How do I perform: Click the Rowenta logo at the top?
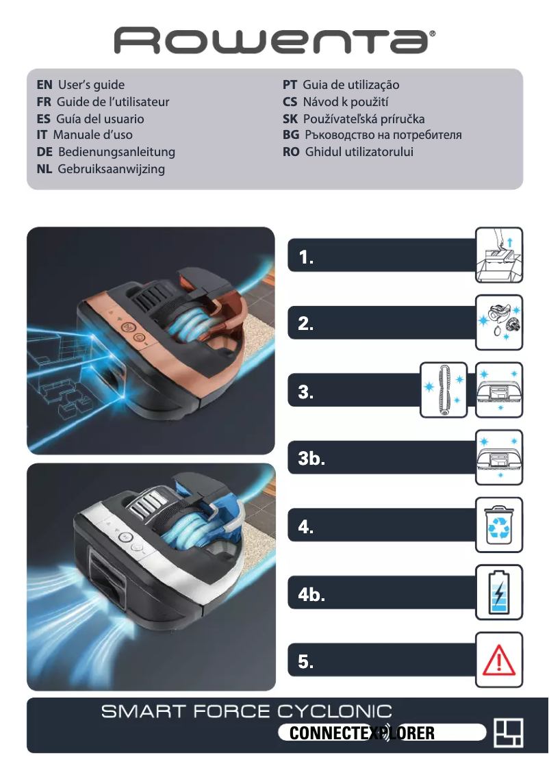coord(274,41)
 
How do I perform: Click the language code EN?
coord(44,85)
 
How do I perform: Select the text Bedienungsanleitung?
coord(116,152)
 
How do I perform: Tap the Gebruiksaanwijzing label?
coord(112,168)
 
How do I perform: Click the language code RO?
coord(291,152)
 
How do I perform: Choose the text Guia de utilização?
coord(350,85)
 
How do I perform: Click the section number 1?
coord(306,257)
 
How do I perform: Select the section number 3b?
coord(311,459)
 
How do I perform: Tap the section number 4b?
coord(311,594)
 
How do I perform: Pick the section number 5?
coord(306,662)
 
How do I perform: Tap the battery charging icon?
coord(499,592)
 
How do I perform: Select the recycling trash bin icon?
coord(499,525)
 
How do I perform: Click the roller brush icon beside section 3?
coord(443,389)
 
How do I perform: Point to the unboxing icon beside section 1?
coord(499,255)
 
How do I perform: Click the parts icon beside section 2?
coord(499,322)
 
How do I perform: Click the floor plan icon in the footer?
coord(509,733)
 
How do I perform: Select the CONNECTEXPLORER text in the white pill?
coord(362,734)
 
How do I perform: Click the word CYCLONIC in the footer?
coord(335,712)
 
